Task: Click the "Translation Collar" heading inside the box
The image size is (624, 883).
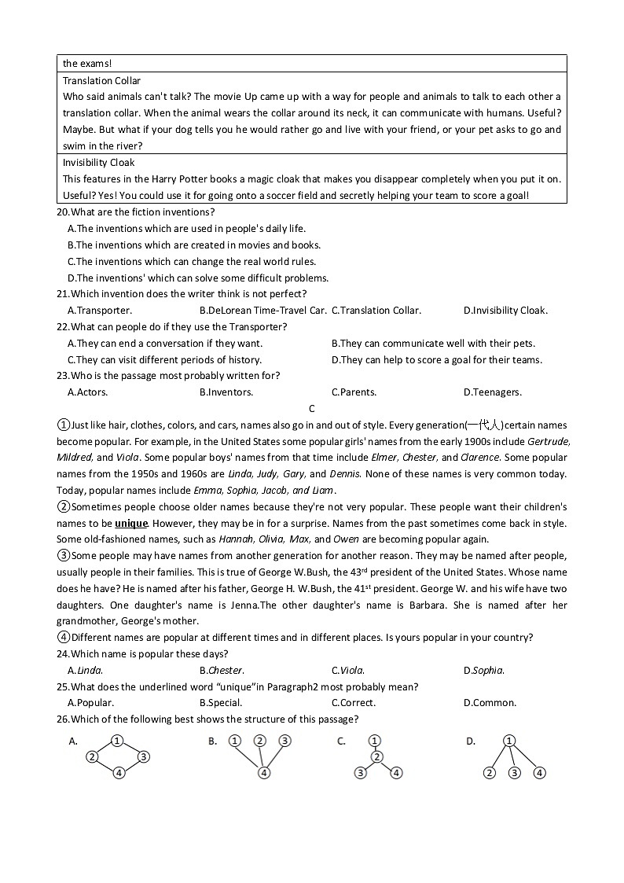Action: click(x=101, y=80)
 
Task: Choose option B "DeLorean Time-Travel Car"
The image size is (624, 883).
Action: click(x=262, y=311)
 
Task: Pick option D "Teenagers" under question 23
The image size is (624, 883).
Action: click(x=492, y=392)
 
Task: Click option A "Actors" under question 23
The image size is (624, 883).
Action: click(x=88, y=392)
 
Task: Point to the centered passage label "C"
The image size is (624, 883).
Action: click(x=312, y=409)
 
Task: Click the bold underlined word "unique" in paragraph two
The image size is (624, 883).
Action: click(x=131, y=523)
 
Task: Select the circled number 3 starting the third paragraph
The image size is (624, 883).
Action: click(x=64, y=556)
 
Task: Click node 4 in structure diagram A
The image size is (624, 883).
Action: click(x=119, y=773)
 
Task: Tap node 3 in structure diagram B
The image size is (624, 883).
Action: click(x=285, y=741)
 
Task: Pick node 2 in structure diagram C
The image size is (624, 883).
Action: click(x=376, y=756)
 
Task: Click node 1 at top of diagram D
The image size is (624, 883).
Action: click(x=509, y=741)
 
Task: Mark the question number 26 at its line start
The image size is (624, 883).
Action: click(x=63, y=719)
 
